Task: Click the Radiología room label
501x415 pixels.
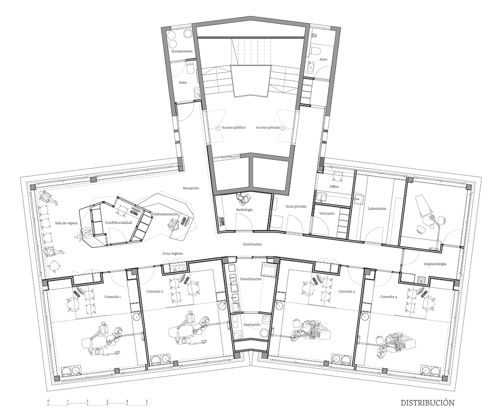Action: (x=244, y=210)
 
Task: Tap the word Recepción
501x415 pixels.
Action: (x=191, y=188)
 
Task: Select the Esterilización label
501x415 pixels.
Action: (x=251, y=279)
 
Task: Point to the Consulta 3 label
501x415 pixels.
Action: (x=347, y=291)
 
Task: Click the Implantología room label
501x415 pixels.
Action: (x=435, y=264)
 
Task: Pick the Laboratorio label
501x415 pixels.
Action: (x=377, y=209)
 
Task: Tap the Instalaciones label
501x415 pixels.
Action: (x=182, y=51)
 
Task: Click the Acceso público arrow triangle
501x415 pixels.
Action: (x=218, y=128)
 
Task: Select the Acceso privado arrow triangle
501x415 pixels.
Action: (x=283, y=128)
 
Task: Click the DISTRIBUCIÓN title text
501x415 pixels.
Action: (x=428, y=402)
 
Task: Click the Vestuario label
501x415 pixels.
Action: (x=327, y=214)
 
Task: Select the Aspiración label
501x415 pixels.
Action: (x=252, y=324)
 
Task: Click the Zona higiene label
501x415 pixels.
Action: (x=172, y=253)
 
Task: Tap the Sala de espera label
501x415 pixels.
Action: (x=66, y=223)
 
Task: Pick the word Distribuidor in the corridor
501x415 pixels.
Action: (x=252, y=244)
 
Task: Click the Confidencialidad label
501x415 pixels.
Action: (x=119, y=223)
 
